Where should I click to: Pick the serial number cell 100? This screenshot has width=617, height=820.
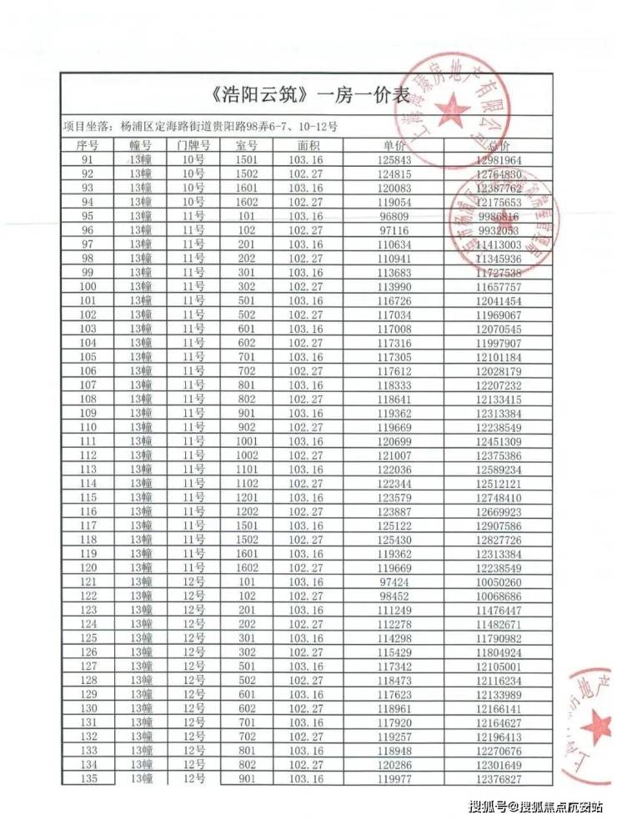pos(88,286)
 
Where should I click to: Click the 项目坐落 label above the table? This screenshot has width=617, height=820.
pos(88,127)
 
